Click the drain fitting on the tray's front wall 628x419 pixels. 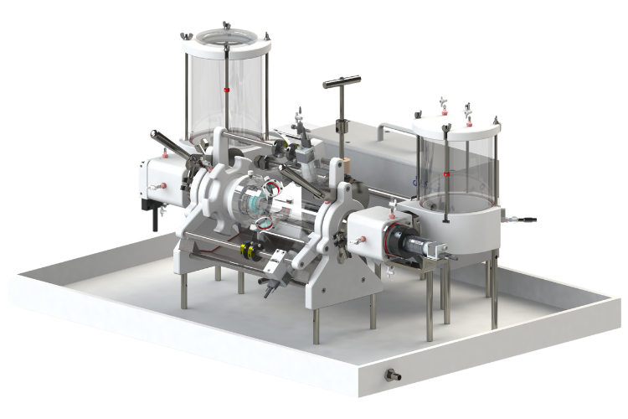click(389, 373)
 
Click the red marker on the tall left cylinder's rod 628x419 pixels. click(227, 86)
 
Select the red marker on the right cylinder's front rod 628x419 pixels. click(447, 174)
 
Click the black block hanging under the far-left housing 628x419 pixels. click(154, 220)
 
